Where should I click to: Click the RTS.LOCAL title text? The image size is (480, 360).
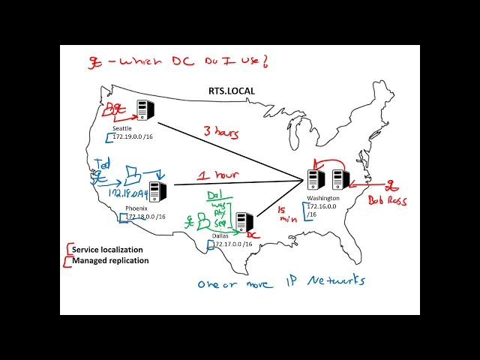tap(232, 91)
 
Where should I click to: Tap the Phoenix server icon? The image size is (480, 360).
tap(157, 193)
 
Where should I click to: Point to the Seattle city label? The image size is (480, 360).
tap(121, 128)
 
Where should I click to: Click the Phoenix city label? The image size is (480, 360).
tap(136, 208)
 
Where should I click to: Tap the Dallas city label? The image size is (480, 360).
tap(220, 235)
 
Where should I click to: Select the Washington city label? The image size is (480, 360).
tap(323, 198)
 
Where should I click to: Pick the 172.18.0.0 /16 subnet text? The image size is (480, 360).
tap(151, 217)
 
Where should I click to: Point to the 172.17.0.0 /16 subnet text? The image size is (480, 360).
tap(237, 244)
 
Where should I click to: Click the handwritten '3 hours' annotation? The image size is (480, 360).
tap(221, 133)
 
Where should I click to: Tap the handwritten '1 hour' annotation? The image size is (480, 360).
tap(217, 175)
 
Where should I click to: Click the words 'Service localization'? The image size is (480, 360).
tap(107, 250)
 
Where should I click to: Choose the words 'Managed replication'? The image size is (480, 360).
tap(110, 260)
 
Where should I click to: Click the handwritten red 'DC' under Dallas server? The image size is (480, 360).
tap(253, 235)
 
